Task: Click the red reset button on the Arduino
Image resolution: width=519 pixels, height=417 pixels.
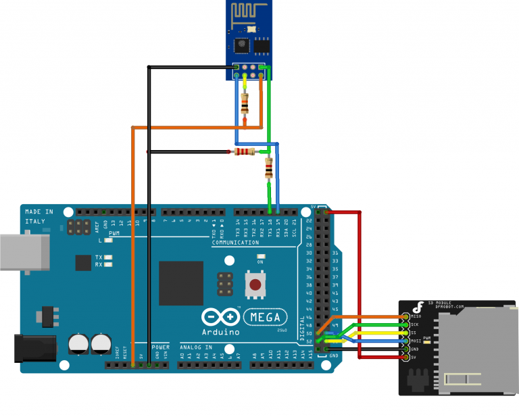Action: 255,285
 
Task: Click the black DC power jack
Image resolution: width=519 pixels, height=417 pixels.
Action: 30,349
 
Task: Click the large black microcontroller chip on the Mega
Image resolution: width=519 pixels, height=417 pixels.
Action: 181,283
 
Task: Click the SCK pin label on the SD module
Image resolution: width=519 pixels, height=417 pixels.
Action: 415,324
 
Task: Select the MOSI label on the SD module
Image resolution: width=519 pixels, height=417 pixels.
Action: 416,341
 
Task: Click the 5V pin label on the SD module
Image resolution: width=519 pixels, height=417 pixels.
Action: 414,357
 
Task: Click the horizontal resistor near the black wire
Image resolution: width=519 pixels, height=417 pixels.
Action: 244,152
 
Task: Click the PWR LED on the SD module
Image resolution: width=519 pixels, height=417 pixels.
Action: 427,343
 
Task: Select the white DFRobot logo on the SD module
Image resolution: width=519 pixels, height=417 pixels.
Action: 420,305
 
